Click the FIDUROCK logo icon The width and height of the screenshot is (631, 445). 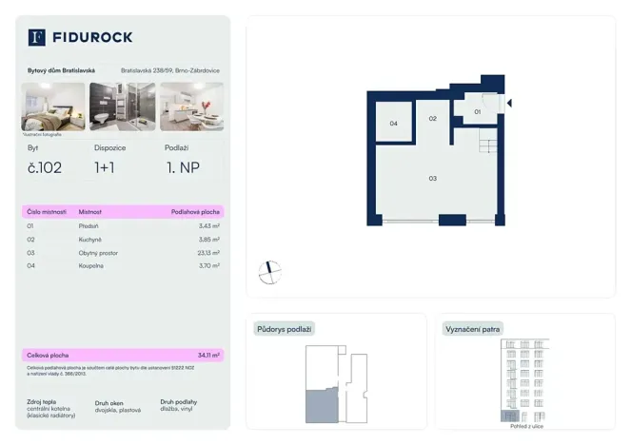(x=37, y=37)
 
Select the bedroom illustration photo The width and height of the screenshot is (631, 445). (x=53, y=106)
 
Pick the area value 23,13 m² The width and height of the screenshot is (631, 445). (x=206, y=253)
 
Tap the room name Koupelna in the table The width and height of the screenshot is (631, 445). (x=92, y=266)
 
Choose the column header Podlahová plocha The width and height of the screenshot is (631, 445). (x=195, y=211)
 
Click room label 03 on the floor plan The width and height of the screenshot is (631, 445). (x=432, y=179)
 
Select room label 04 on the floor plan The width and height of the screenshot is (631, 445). (x=393, y=124)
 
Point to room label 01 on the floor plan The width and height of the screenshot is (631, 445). (x=478, y=112)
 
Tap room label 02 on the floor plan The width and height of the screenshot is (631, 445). (x=432, y=119)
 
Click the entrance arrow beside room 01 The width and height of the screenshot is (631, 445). (x=509, y=104)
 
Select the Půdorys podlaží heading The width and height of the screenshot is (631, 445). (x=284, y=329)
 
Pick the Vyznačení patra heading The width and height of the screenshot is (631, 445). (x=473, y=329)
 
